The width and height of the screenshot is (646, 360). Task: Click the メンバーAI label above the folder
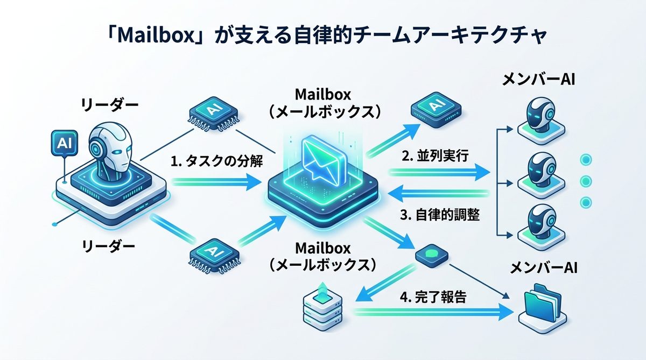pyautogui.click(x=543, y=267)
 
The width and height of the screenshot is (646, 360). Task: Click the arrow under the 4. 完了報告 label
pyautogui.click(x=431, y=312)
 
